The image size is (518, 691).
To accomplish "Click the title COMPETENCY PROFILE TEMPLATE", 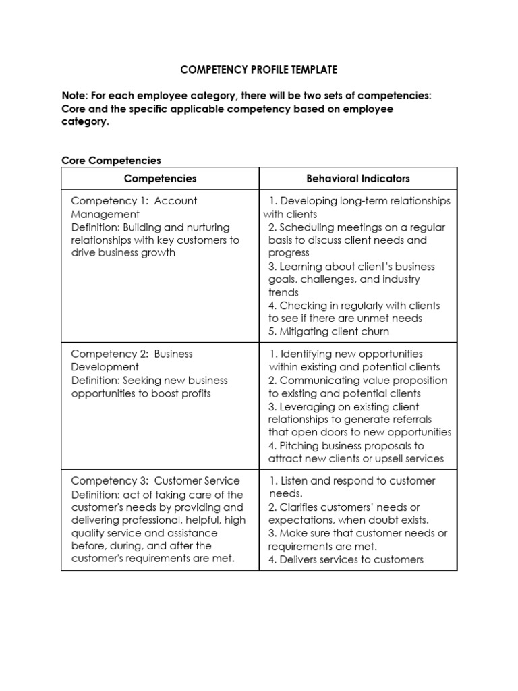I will (x=258, y=70).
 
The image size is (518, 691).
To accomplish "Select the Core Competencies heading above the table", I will (x=111, y=160).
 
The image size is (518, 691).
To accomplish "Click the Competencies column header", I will (x=160, y=179).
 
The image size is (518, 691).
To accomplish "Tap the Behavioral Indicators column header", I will (x=358, y=179).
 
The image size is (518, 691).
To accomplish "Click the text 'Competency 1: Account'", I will (x=134, y=201).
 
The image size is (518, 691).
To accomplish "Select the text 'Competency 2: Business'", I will (x=132, y=354).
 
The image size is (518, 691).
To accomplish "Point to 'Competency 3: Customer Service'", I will (x=155, y=481).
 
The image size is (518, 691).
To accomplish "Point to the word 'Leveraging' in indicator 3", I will (x=308, y=407).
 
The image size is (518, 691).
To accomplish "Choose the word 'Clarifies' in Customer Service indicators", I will (x=301, y=507).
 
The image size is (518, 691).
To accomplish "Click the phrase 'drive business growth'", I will (x=123, y=253).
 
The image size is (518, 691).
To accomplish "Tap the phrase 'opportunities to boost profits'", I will (x=140, y=393).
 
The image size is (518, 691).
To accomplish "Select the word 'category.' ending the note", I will (x=84, y=122).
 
